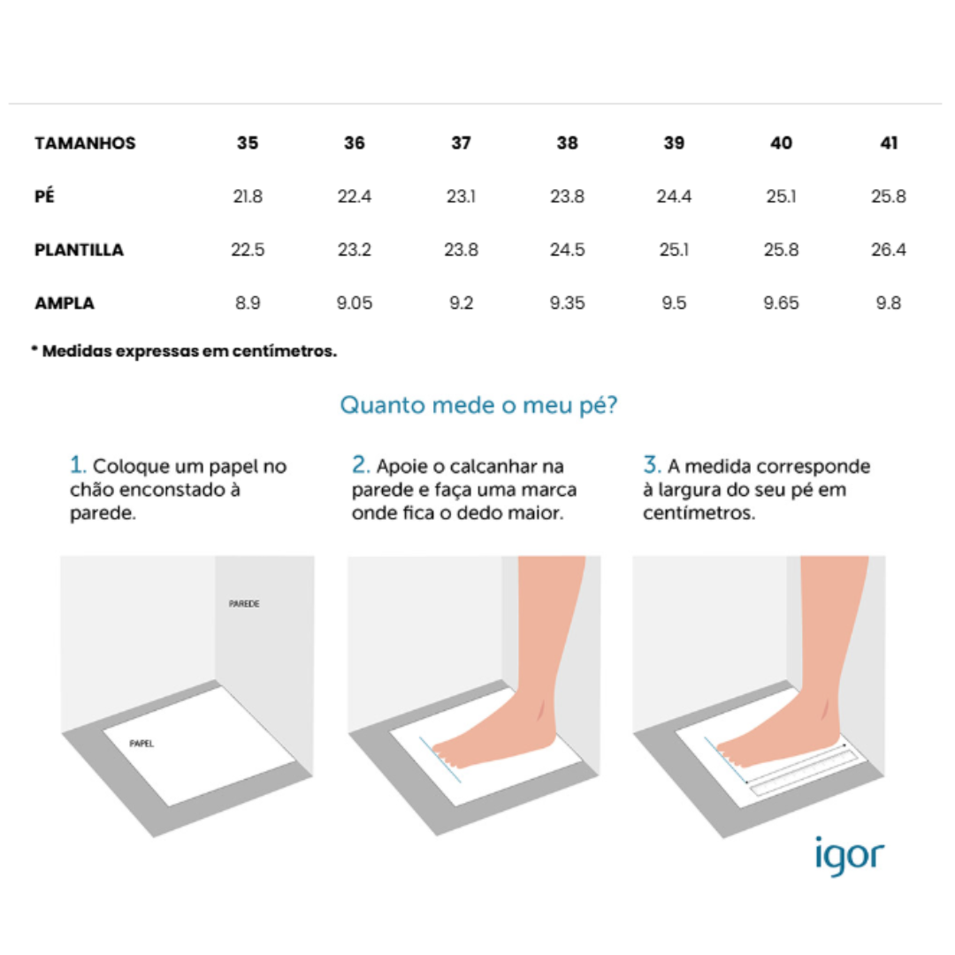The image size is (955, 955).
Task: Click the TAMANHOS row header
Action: [85, 143]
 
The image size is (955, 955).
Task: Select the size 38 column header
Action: [567, 143]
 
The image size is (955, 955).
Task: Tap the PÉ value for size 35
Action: [248, 197]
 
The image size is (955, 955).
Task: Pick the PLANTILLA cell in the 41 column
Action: [888, 250]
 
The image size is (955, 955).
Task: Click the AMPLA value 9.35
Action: [567, 303]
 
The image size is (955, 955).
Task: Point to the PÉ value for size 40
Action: [781, 197]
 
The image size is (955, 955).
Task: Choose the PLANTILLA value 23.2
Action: [354, 250]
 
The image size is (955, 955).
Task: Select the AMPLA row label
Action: [65, 303]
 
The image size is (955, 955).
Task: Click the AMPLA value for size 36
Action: [354, 303]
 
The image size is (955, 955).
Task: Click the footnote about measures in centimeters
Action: [184, 351]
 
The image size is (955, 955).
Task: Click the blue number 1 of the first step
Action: [77, 465]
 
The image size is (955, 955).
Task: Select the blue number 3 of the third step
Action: [651, 465]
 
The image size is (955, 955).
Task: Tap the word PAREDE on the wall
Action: [244, 604]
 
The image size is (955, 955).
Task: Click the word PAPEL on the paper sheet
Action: [141, 744]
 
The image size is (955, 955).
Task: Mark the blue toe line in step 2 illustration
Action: [439, 759]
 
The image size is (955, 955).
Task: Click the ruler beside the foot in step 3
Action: [800, 771]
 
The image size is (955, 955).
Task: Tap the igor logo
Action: [848, 854]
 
